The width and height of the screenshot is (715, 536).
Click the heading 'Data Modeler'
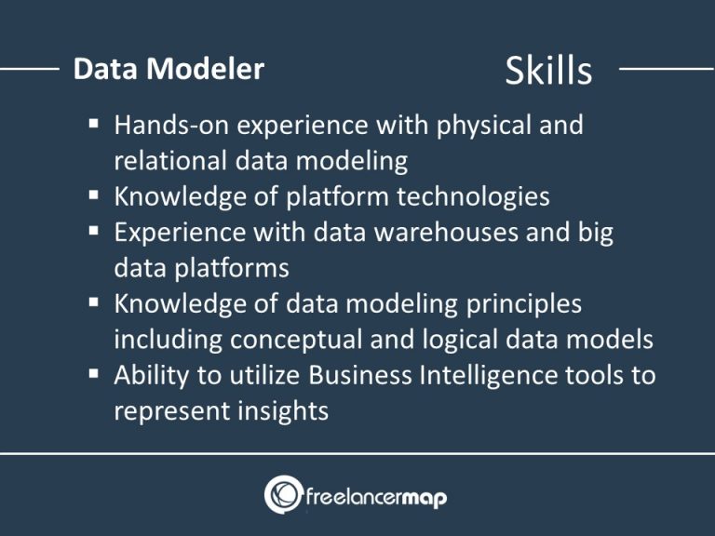coord(169,69)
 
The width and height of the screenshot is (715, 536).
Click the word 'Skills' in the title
coord(548,70)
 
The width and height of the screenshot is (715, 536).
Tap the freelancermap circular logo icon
coord(283,494)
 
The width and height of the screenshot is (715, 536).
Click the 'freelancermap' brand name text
coord(377,497)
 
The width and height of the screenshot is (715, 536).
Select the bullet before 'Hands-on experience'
coord(96,124)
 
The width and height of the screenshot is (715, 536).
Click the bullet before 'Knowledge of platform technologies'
coord(96,196)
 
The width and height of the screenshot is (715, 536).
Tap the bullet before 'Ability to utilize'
coord(96,375)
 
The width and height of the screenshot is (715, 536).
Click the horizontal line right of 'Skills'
coord(665,68)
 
